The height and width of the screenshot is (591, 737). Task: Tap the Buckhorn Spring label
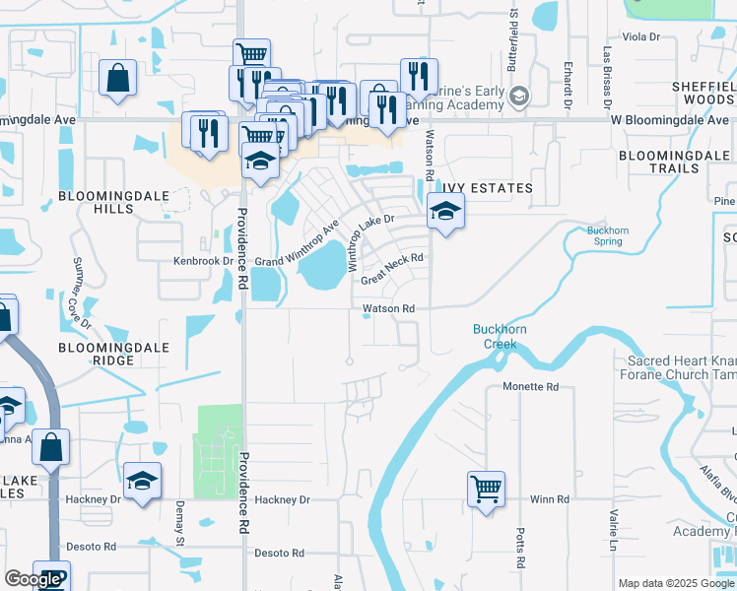coord(607,235)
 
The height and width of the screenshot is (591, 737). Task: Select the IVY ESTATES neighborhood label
coord(486,188)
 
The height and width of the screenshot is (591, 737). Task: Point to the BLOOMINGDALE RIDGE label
coord(113,355)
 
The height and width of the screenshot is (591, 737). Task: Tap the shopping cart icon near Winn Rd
coord(487,488)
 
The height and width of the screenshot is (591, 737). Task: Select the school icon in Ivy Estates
coord(445,211)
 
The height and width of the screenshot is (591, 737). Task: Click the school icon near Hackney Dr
coord(143,482)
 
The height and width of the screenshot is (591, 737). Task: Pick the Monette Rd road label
coord(530,387)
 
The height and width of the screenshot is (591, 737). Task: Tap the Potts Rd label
coord(519,548)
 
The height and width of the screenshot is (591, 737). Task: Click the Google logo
coord(33,579)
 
